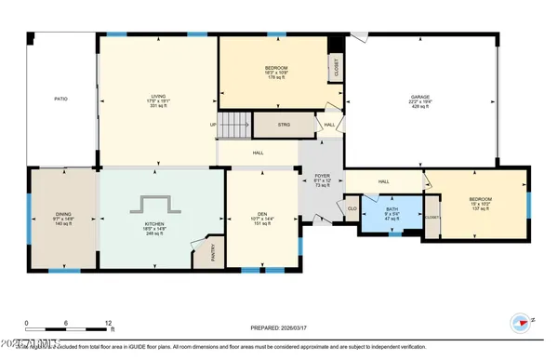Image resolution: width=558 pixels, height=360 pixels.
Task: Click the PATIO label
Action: (x=61, y=99)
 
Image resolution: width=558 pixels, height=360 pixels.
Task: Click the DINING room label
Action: (x=63, y=219)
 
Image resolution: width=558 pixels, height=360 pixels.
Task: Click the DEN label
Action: (x=262, y=219)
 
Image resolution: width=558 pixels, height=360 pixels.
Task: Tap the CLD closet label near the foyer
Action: (x=352, y=208)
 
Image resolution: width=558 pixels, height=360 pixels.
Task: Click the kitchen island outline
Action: (x=155, y=205)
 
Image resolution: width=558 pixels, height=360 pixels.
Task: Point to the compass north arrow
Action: (x=523, y=323)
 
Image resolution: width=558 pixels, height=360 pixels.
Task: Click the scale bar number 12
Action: (x=110, y=323)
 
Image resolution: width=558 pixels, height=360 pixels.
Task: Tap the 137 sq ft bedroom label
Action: (x=480, y=203)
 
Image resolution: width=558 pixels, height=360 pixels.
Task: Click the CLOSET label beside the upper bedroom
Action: (x=336, y=67)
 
